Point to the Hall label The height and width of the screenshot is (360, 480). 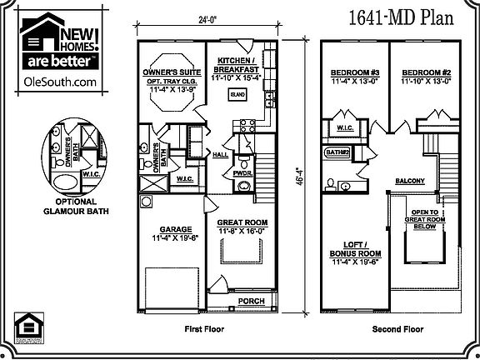tap(221, 155)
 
